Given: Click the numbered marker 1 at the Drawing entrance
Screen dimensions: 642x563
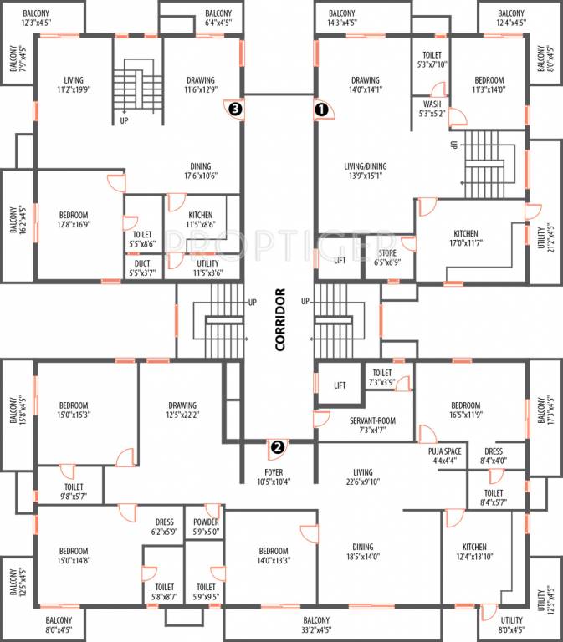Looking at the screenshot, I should pyautogui.click(x=320, y=109).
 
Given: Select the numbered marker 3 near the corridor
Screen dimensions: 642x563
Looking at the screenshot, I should pyautogui.click(x=236, y=109).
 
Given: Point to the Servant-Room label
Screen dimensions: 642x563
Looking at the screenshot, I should pyautogui.click(x=365, y=425).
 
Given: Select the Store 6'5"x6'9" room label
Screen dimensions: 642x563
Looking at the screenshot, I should pyautogui.click(x=386, y=256).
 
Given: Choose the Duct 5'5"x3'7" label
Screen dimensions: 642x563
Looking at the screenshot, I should pyautogui.click(x=142, y=267).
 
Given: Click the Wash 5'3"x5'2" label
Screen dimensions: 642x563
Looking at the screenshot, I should pyautogui.click(x=432, y=109).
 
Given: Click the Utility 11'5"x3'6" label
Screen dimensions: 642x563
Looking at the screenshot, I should pyautogui.click(x=202, y=267).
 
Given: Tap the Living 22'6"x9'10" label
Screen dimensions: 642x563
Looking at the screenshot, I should pyautogui.click(x=362, y=476).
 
